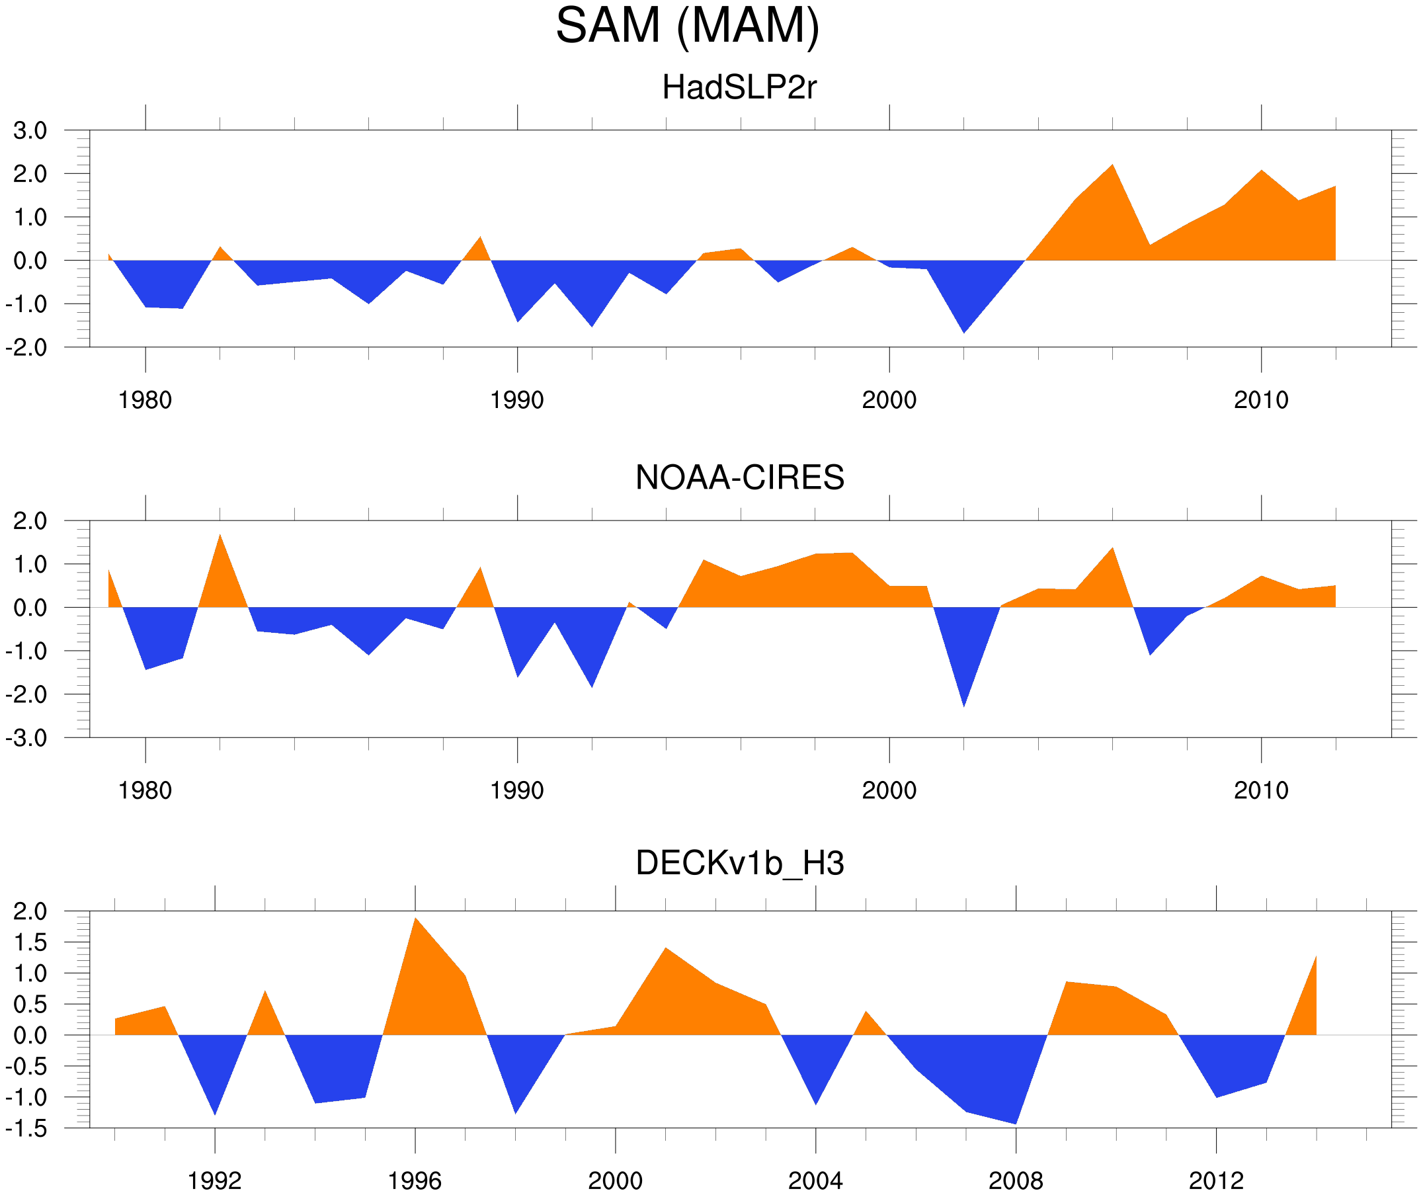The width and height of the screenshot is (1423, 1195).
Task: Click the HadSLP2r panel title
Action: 739,88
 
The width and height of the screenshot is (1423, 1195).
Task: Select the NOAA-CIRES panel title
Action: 739,478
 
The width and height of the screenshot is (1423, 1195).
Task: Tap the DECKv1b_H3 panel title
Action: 739,864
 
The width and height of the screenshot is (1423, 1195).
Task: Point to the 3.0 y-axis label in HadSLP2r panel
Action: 30,131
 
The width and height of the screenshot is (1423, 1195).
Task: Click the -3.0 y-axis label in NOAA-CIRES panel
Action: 26,738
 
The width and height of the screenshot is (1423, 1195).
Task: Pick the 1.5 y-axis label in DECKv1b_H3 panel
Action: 30,943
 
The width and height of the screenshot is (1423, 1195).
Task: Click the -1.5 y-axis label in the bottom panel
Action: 26,1129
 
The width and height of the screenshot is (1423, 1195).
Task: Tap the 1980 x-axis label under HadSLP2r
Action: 145,401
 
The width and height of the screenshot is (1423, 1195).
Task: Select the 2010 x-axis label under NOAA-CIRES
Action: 1260,791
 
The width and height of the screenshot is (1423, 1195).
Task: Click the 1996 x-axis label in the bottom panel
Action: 415,1182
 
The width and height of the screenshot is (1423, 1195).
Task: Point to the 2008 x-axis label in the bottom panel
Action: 1015,1182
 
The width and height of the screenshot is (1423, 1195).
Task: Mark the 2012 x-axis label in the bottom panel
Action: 1215,1182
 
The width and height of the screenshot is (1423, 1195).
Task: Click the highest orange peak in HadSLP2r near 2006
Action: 1112,167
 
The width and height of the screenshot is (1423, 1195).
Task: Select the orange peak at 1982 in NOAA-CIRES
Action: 220,538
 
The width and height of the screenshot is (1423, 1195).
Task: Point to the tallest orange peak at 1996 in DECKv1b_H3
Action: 415,921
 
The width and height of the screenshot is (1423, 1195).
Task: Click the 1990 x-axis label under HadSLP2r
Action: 517,401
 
